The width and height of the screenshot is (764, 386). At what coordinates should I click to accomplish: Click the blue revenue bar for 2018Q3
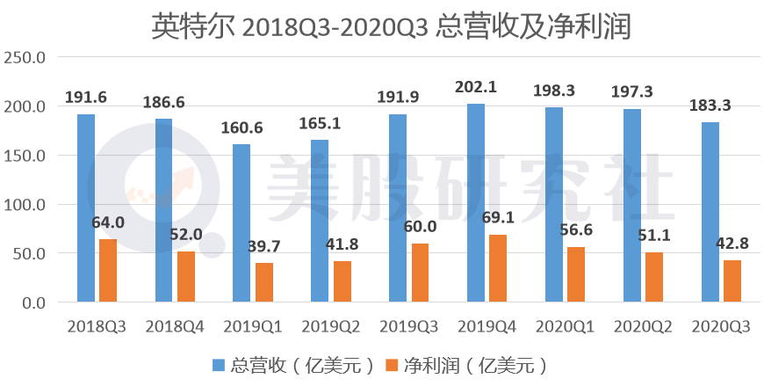(x=85, y=208)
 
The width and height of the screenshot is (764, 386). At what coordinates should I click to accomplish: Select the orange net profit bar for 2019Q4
(x=497, y=269)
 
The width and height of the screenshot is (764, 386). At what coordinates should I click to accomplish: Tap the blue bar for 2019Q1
(x=241, y=223)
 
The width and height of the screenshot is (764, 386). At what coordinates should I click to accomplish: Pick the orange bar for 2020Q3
(x=732, y=281)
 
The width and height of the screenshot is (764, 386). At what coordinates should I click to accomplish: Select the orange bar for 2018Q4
(x=185, y=277)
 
